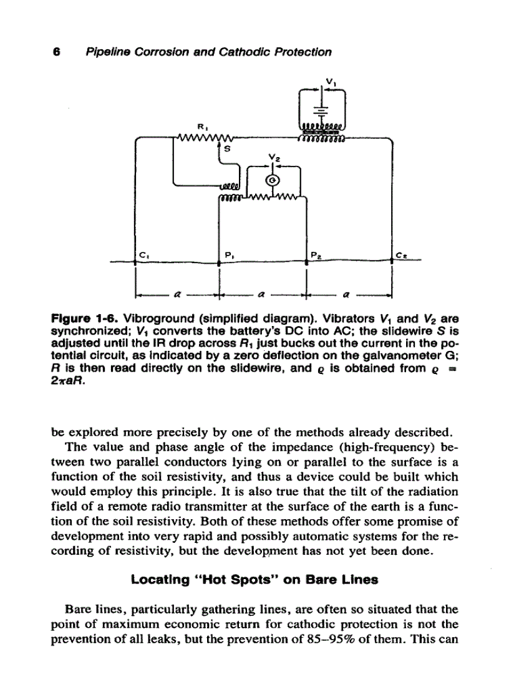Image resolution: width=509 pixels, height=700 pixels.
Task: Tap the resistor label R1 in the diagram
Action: [201, 126]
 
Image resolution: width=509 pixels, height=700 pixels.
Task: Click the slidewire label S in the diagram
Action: [226, 149]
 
